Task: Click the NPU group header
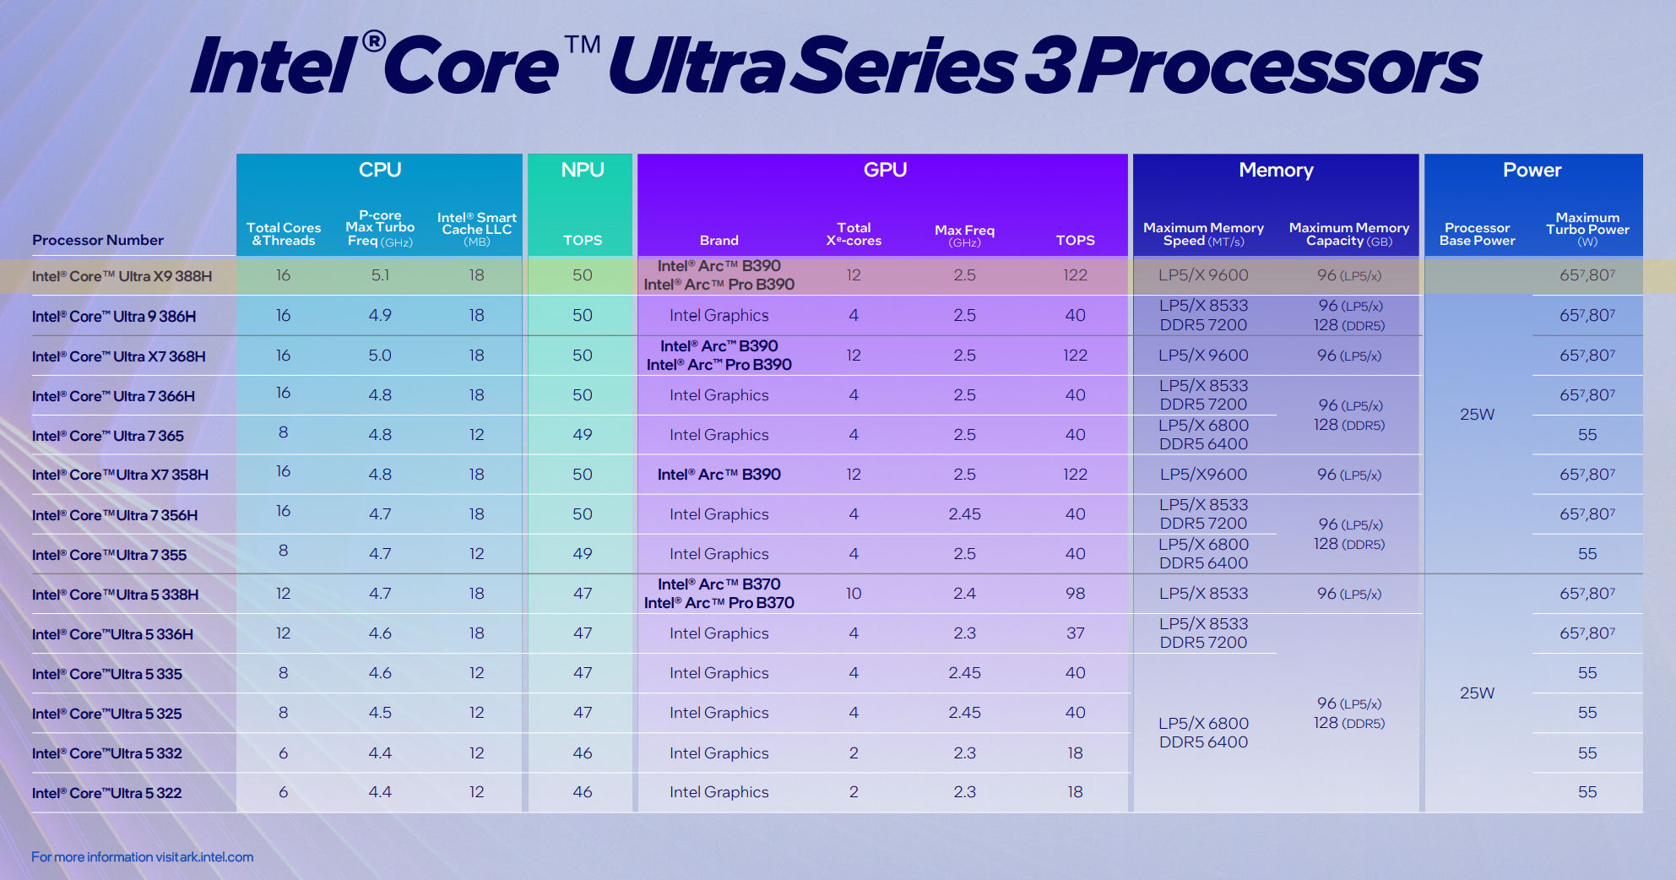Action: [582, 170]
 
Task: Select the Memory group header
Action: [1275, 170]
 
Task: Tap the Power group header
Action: [1532, 170]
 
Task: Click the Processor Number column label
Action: [98, 240]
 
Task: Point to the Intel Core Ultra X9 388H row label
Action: [122, 276]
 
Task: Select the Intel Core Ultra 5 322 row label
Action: [106, 793]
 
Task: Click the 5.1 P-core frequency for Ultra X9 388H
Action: [380, 275]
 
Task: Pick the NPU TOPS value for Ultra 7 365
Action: [582, 435]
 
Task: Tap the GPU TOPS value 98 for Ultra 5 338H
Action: [1075, 594]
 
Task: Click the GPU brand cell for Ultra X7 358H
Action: [719, 475]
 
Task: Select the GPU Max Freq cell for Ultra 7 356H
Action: [964, 514]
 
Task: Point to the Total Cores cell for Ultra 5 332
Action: [283, 753]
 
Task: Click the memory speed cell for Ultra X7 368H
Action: [1203, 356]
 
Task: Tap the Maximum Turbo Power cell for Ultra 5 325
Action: [1587, 713]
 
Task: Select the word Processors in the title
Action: [1279, 66]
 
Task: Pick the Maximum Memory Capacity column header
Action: [1348, 234]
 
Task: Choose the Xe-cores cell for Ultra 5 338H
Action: [854, 594]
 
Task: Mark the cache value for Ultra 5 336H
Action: [476, 633]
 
